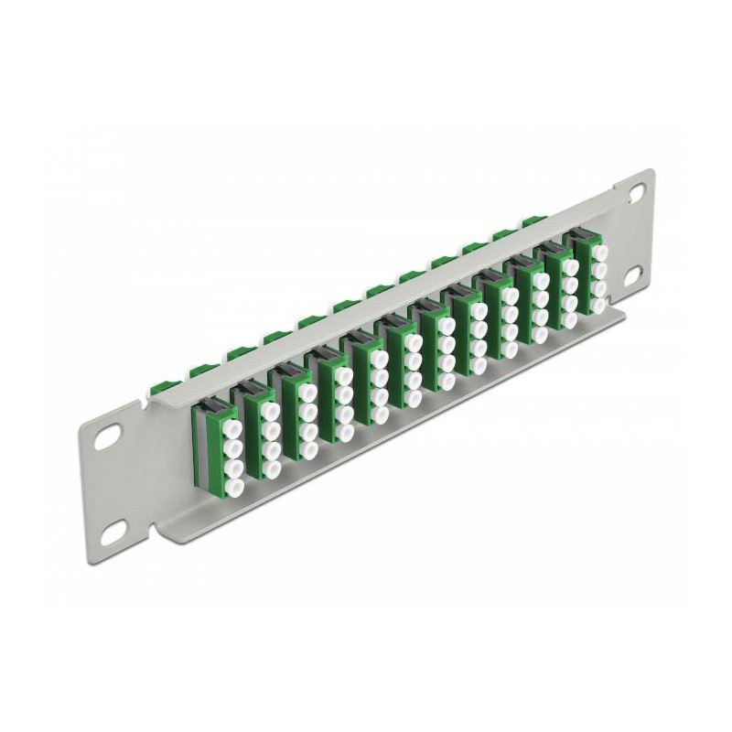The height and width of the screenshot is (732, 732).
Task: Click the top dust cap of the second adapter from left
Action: point(269,409)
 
